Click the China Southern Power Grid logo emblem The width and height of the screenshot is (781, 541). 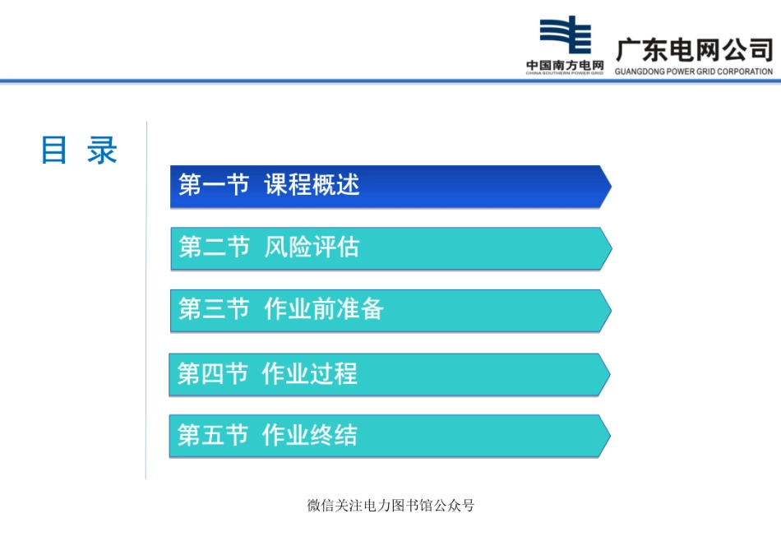pos(565,37)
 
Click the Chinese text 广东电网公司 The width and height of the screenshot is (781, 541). pos(694,49)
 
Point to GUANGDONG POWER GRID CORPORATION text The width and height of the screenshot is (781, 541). pos(694,72)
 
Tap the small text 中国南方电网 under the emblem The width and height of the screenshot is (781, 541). pos(565,65)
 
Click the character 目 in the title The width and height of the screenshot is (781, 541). pos(54,151)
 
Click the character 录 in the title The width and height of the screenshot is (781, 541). pos(103,151)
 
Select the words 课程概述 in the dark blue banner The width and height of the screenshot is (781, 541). pos(312,186)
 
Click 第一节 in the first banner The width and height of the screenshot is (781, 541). pos(214,186)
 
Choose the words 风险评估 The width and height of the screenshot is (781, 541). pos(312,247)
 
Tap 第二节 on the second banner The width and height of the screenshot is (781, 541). pos(214,247)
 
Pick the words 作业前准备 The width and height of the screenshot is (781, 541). pos(324,309)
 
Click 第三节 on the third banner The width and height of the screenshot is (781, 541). pos(214,309)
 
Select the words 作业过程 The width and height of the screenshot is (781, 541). pos(310,374)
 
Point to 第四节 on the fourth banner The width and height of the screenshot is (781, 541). pos(212,374)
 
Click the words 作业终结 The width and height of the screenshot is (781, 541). pos(310,435)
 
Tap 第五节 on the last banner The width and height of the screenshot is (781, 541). pos(212,435)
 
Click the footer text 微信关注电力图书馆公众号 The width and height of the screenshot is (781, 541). pos(390,506)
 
